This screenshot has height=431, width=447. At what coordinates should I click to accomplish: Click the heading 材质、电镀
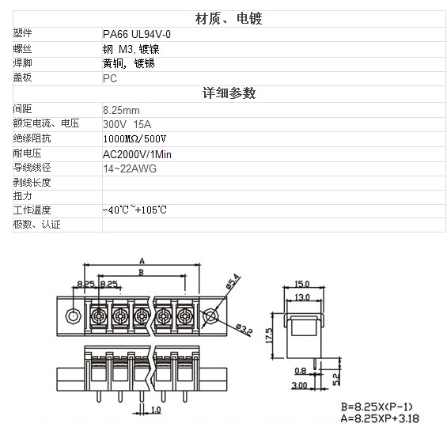coord(229,19)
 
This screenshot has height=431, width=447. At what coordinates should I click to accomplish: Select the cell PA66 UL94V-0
coord(137,35)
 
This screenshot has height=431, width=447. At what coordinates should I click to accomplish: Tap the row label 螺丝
coord(22,49)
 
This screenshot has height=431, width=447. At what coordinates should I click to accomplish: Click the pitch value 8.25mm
coord(122,110)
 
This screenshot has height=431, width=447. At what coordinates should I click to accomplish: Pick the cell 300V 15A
coord(127,125)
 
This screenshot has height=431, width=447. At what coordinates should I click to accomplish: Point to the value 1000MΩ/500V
coord(134,139)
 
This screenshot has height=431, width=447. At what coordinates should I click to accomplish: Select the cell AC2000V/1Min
coord(137,154)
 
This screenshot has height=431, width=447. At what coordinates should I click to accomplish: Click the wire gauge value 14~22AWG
coord(130,168)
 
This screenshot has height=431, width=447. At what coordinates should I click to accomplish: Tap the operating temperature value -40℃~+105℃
coord(134,210)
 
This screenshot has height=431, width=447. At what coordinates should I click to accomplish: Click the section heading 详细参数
coord(229,93)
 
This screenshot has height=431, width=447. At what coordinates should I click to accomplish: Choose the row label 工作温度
coord(32,210)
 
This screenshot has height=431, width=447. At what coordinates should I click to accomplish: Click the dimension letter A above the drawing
coord(142,261)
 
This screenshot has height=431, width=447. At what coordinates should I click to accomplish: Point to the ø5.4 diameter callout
coord(233,281)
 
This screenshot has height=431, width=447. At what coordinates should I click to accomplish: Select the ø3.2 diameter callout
coord(244,330)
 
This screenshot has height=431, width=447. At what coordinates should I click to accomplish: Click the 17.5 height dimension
coord(269,335)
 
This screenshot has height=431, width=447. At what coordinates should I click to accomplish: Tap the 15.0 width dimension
coord(302,284)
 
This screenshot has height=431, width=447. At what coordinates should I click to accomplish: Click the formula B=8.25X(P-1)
coord(377,406)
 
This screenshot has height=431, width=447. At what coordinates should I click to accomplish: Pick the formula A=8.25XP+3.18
coord(380,418)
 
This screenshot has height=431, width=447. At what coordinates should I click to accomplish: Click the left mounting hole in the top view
coord(74,316)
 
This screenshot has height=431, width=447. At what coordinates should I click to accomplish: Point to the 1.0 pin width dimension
coord(156,410)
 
